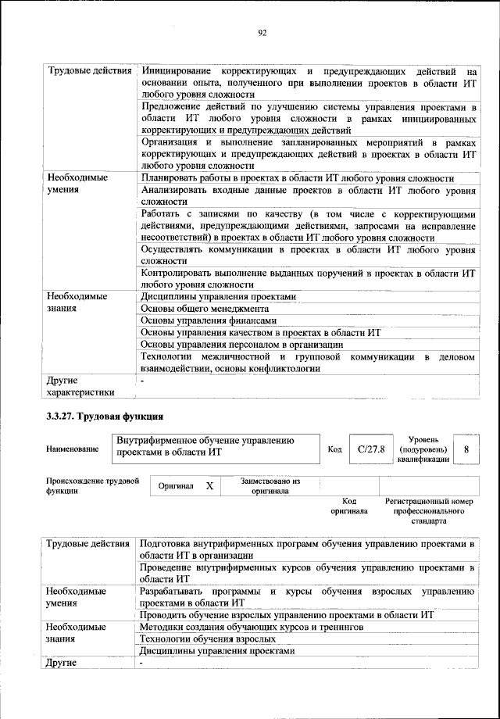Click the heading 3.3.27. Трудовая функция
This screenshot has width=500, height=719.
coord(104,416)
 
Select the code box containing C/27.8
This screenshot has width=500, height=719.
coord(366,449)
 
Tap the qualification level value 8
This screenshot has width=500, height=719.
coord(466,449)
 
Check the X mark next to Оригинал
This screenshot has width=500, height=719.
coord(209,485)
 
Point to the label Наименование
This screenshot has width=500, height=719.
coord(73,449)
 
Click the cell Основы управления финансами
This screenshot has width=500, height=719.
coord(208,320)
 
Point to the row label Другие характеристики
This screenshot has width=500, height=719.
coord(80,385)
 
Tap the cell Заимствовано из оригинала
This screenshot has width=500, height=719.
coord(270,485)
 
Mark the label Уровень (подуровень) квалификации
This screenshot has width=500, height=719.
coord(423,449)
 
